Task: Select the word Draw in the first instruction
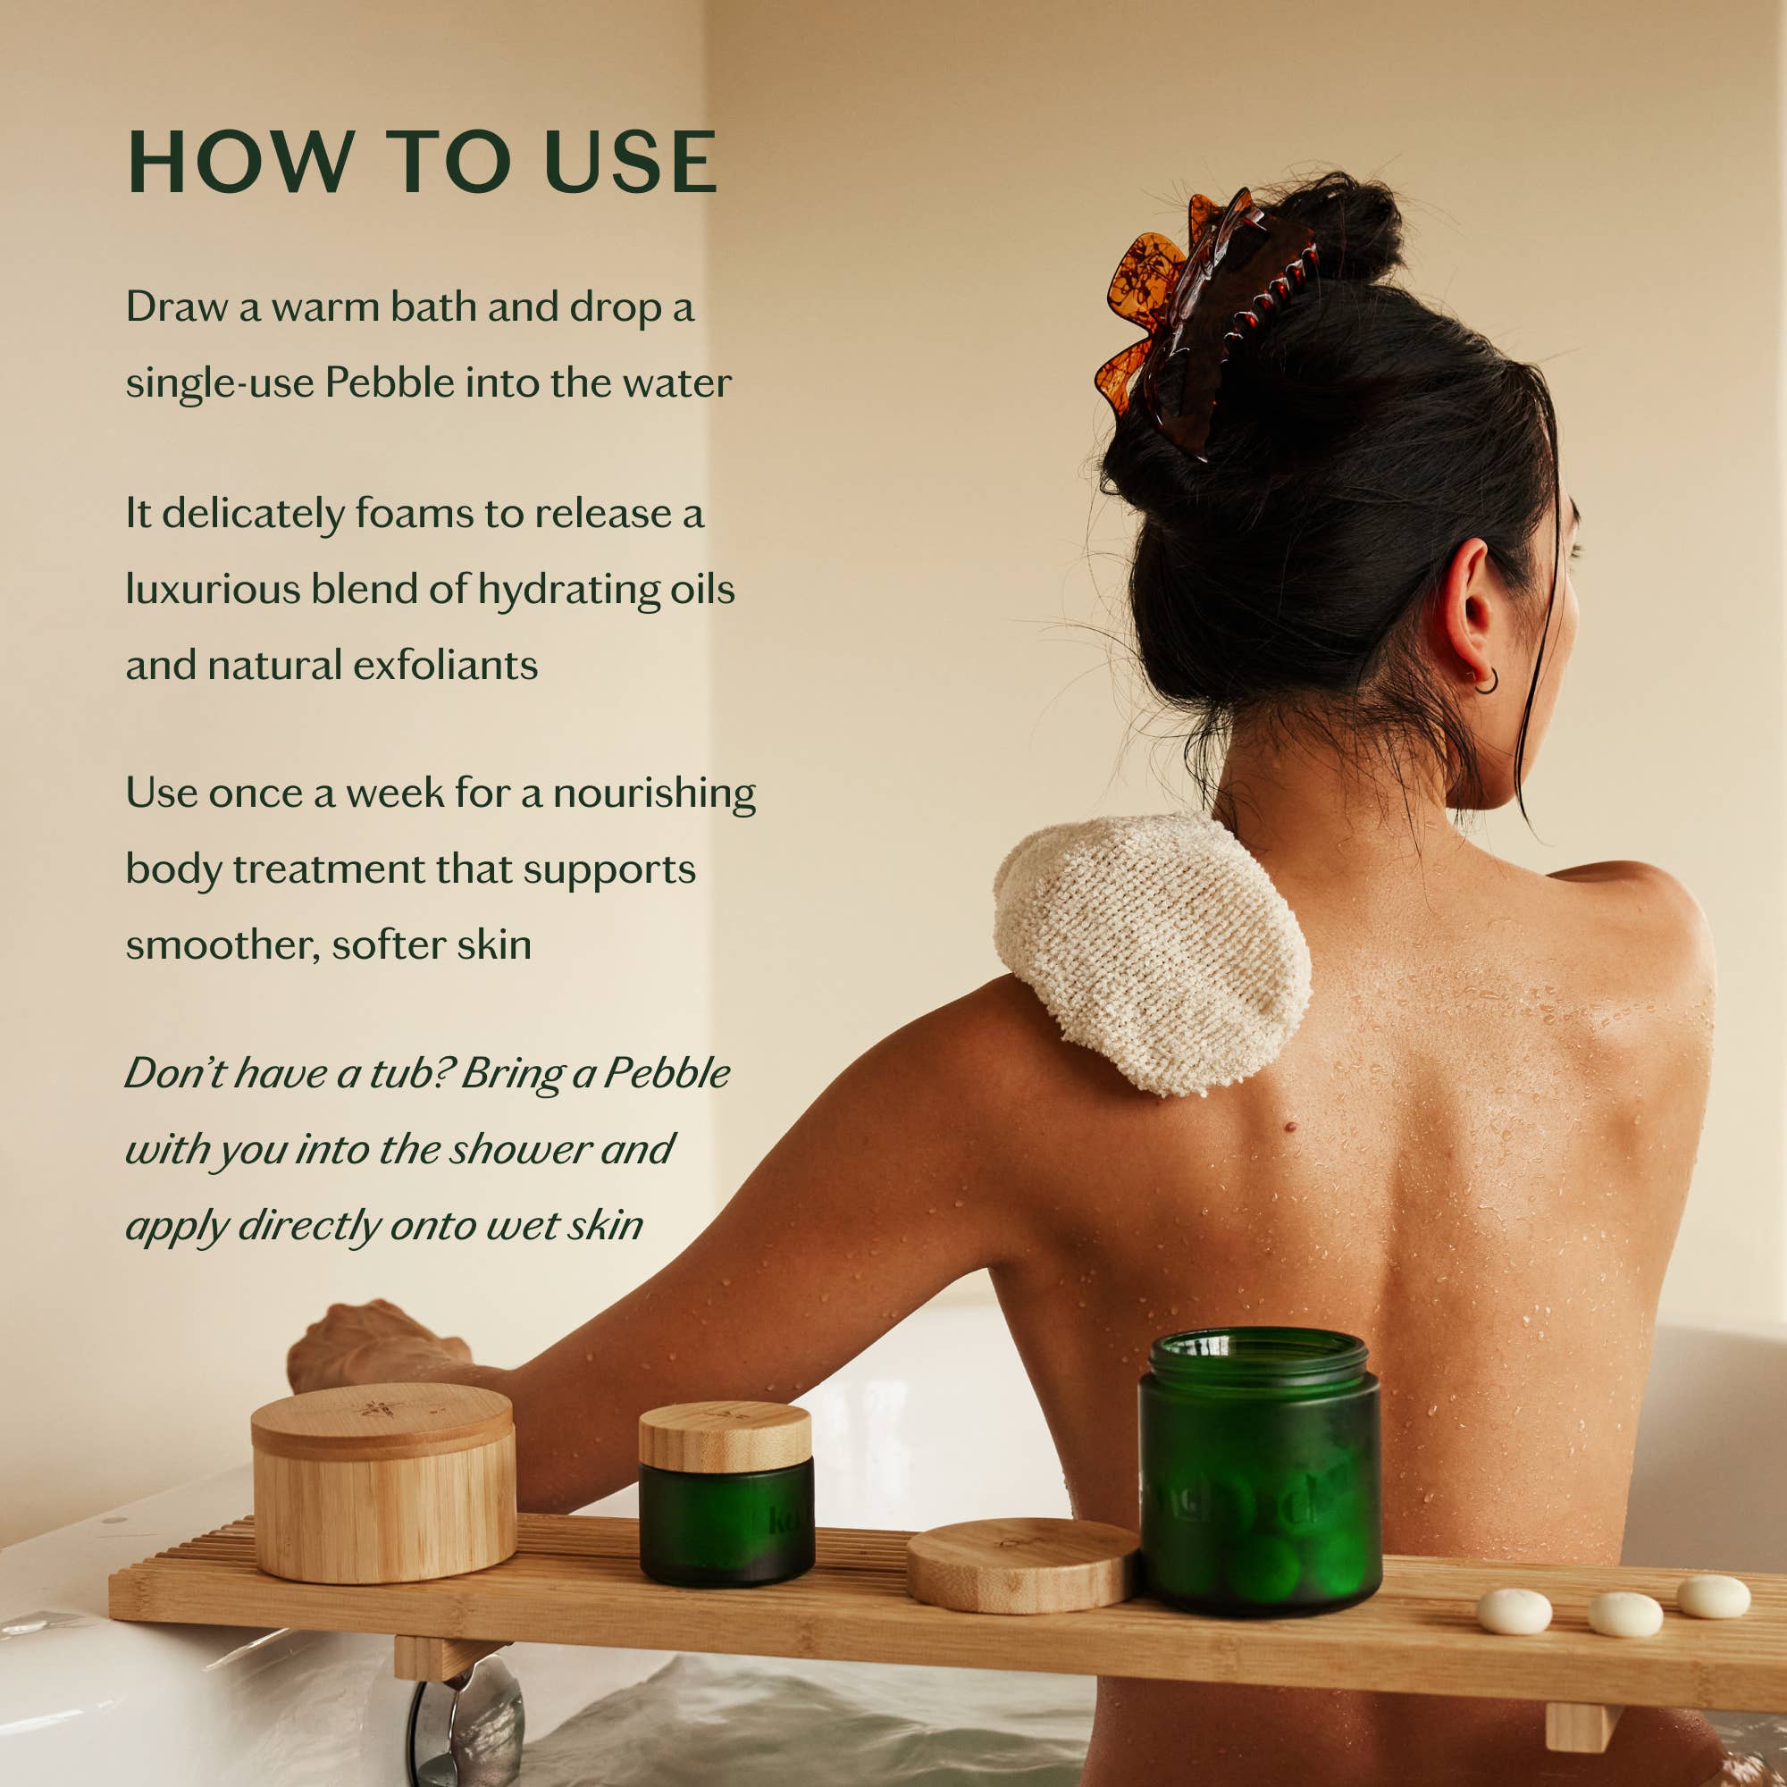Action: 176,307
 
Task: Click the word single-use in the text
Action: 219,383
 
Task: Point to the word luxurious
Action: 213,589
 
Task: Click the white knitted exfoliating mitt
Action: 1152,952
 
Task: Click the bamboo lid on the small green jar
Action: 725,1436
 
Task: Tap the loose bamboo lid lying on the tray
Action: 1021,1563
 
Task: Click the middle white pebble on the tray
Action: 1625,1614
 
